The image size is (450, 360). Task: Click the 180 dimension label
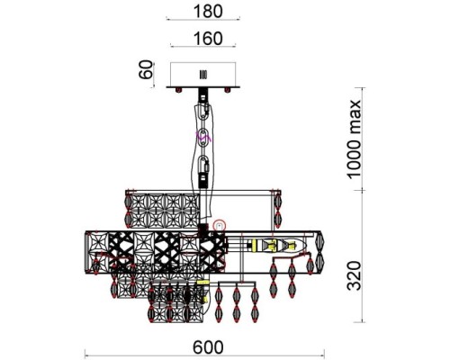(208, 12)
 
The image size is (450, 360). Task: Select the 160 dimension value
(208, 39)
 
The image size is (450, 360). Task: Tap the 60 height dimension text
(146, 69)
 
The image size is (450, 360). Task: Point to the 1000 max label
(354, 139)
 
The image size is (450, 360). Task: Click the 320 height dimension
(354, 276)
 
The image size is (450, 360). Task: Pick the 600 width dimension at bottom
(208, 347)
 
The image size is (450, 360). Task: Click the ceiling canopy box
(203, 75)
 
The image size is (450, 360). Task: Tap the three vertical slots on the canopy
(203, 75)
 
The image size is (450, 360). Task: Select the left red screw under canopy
(179, 90)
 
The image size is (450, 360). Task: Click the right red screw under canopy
(228, 90)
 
